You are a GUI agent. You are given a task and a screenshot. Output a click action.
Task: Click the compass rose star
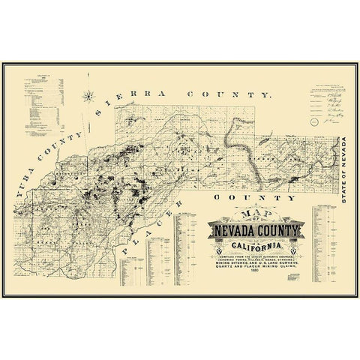pyautogui.click(x=89, y=96)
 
